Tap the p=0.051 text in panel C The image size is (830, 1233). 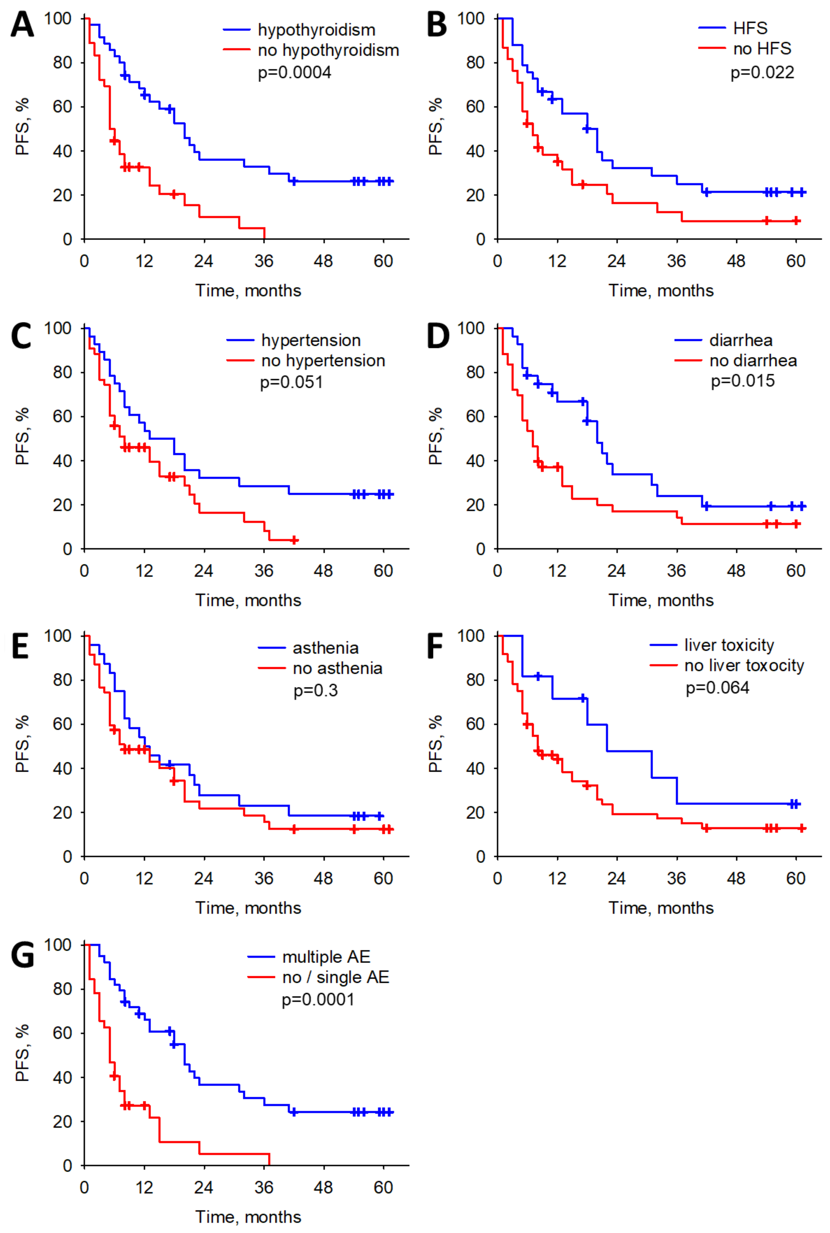point(291,382)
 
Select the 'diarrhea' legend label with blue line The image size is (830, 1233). point(740,340)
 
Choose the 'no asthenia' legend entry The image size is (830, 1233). point(337,668)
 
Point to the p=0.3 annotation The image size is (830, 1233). point(316,691)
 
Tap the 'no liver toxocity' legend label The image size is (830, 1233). point(744,665)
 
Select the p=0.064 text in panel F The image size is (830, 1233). point(717,688)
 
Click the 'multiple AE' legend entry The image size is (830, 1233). point(326,957)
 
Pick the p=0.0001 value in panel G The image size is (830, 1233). point(318,1000)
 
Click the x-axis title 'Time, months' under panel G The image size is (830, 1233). point(248,1217)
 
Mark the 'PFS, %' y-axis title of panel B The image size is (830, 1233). point(435,127)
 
